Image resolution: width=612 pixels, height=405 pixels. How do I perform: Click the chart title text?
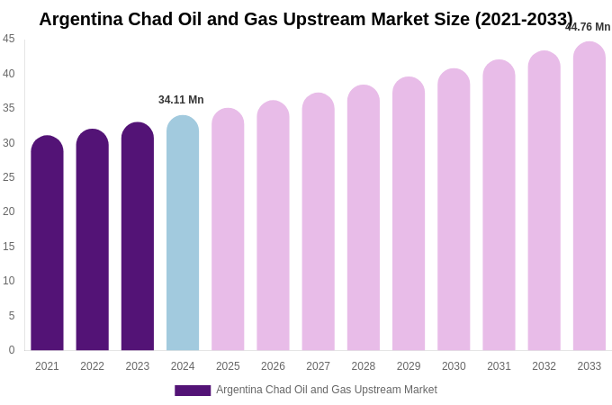coord(306,19)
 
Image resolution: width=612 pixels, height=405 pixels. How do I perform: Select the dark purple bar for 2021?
coord(47,243)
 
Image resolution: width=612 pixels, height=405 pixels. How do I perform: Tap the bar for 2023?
coord(138,236)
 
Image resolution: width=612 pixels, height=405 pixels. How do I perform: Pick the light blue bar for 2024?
coord(183,232)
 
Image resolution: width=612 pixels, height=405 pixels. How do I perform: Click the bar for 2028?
coord(364,218)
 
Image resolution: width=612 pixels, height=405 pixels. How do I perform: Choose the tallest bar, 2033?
coord(589,196)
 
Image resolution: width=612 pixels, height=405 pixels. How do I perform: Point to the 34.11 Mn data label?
coord(181,100)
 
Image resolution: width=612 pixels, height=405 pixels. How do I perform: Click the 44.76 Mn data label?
coord(588,27)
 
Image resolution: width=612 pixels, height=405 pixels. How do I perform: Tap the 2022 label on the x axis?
coord(92,366)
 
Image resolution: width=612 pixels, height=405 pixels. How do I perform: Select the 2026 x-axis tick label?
coord(273,366)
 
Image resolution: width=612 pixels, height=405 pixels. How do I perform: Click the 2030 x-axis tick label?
coord(454,366)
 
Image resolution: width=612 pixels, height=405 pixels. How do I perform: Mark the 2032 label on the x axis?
coord(544,366)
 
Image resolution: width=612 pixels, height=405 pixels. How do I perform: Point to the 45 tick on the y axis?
coord(9,39)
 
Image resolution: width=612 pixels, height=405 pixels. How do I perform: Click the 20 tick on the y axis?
coord(9,211)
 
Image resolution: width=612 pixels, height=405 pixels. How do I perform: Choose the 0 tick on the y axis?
coord(12,350)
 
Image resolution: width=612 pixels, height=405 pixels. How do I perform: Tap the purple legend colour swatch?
coord(193,391)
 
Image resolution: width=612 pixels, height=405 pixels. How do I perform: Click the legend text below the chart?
coord(327,390)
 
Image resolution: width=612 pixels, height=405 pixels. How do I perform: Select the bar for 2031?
coord(499,205)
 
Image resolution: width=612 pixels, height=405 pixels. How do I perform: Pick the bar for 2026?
coord(273,225)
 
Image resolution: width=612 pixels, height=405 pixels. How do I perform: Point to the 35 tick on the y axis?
coord(9,108)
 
